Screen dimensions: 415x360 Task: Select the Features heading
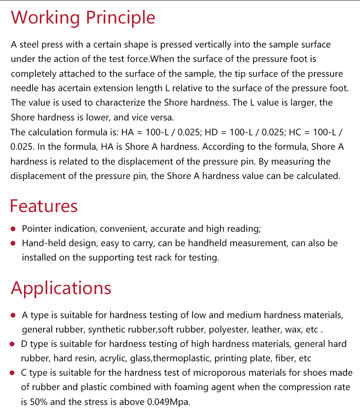(x=44, y=206)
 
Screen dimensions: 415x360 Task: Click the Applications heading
(x=61, y=288)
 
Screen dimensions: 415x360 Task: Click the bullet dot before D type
(x=13, y=344)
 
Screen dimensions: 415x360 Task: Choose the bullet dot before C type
(x=13, y=373)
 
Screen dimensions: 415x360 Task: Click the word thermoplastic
(x=183, y=359)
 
